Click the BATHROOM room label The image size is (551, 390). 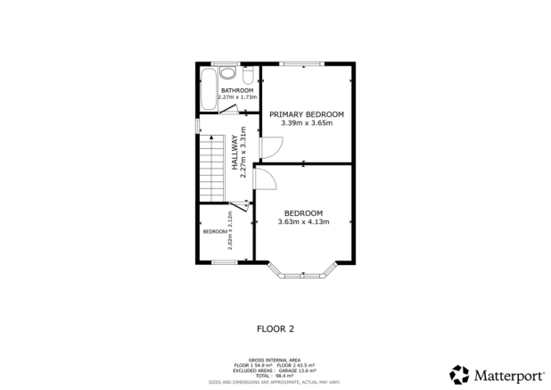pos(237,90)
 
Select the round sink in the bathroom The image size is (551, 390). pos(227,74)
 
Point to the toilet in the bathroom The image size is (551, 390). pos(249,73)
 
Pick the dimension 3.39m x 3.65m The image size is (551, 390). pos(306,123)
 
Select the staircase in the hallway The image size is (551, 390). pos(210,169)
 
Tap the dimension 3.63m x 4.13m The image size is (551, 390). pos(303,221)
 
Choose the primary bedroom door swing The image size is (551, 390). pos(262,147)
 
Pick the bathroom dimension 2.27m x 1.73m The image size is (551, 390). pos(237,97)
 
